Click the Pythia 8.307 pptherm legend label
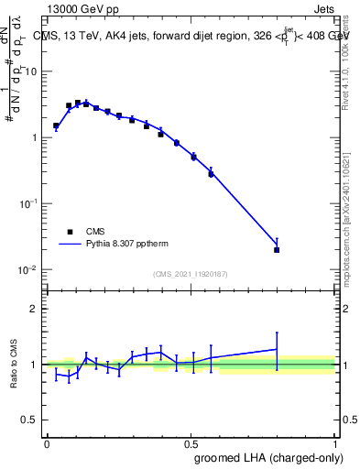[x=125, y=245]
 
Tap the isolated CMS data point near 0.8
[x=277, y=249]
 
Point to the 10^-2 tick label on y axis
[x=29, y=270]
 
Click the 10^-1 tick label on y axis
[x=29, y=204]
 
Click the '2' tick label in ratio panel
[x=36, y=309]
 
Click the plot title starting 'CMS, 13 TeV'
[x=192, y=37]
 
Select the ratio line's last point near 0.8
[x=277, y=349]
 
